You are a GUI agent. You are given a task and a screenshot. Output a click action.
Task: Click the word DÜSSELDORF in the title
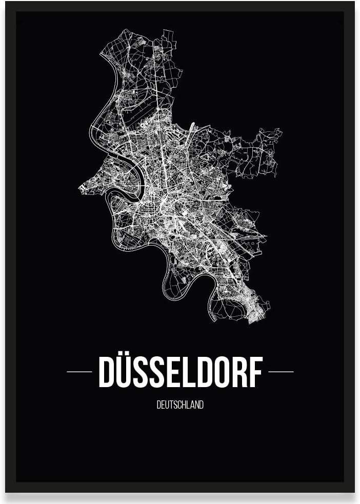pos(180,372)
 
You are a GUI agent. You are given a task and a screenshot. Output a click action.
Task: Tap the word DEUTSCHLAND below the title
pos(180,405)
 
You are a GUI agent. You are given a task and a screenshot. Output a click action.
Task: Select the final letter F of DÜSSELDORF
pos(255,373)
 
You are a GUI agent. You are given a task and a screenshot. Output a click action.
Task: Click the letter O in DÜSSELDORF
pos(222,373)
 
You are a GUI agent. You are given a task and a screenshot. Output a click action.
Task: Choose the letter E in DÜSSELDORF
pos(173,373)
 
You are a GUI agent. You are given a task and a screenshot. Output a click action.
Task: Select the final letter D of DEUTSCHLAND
pos(202,405)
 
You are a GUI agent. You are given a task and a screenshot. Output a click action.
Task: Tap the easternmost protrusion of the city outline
pos(281,132)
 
